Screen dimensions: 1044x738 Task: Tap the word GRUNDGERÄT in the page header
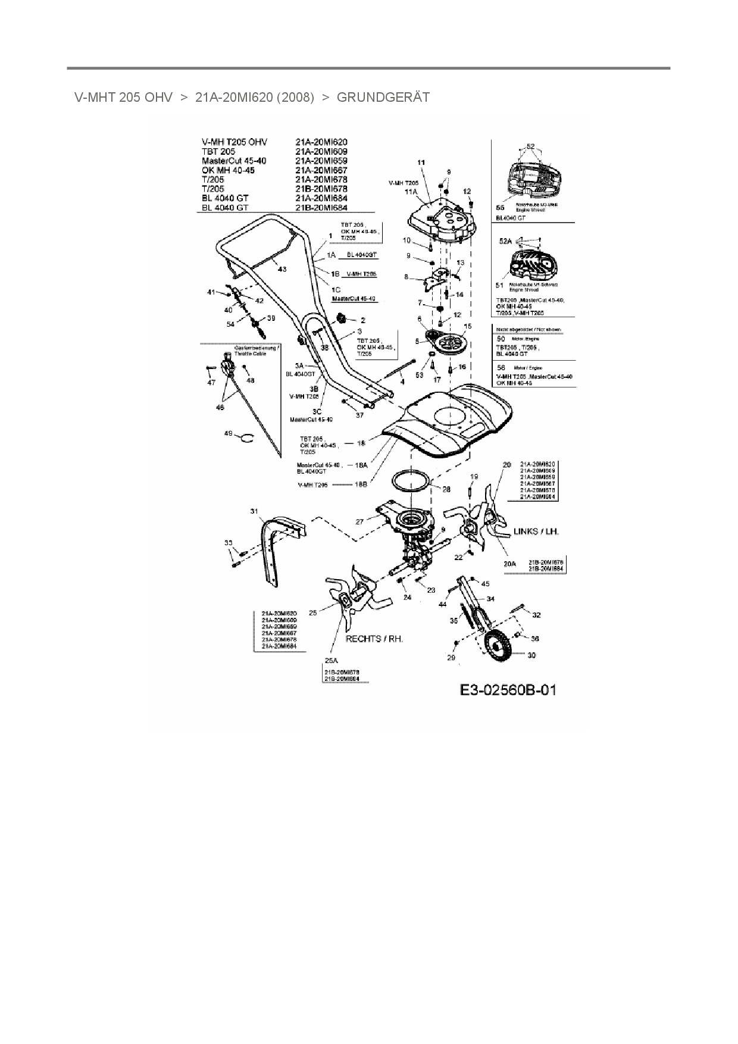383,98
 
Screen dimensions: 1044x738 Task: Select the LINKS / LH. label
536,531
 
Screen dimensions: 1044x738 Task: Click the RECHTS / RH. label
374,639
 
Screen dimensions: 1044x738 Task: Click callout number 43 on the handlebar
282,270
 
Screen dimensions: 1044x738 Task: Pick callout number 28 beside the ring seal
446,489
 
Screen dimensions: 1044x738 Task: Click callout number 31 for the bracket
254,511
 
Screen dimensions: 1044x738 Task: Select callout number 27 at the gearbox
359,522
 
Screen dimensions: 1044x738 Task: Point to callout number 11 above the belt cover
421,162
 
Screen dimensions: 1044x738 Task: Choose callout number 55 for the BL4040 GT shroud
501,208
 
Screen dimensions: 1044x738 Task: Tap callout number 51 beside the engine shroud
500,285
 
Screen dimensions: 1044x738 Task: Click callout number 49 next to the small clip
228,434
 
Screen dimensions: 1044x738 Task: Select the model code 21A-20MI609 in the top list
321,151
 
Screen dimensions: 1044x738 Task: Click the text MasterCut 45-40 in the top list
234,161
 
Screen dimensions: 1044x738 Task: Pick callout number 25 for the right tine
312,611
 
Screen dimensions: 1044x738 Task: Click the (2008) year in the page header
296,98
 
